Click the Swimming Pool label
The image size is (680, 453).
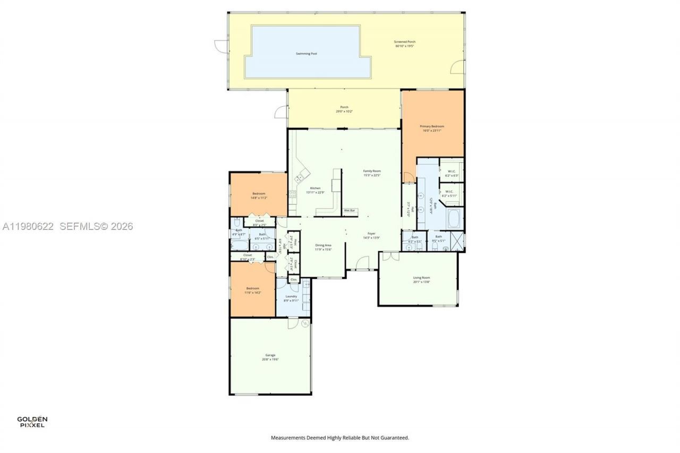307,54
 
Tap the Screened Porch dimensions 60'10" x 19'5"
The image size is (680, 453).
404,46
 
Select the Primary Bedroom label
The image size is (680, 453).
431,126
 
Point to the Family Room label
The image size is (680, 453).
372,171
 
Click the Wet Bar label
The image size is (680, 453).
350,211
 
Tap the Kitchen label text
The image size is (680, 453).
315,189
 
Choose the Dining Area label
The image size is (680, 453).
323,245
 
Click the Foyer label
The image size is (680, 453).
371,234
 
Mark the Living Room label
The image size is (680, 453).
421,278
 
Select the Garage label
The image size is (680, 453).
270,355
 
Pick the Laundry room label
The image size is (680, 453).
291,296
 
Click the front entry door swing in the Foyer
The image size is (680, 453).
362,263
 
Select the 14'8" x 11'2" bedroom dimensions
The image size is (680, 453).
259,198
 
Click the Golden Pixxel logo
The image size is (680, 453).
32,422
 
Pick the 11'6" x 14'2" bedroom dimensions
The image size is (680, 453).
252,293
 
